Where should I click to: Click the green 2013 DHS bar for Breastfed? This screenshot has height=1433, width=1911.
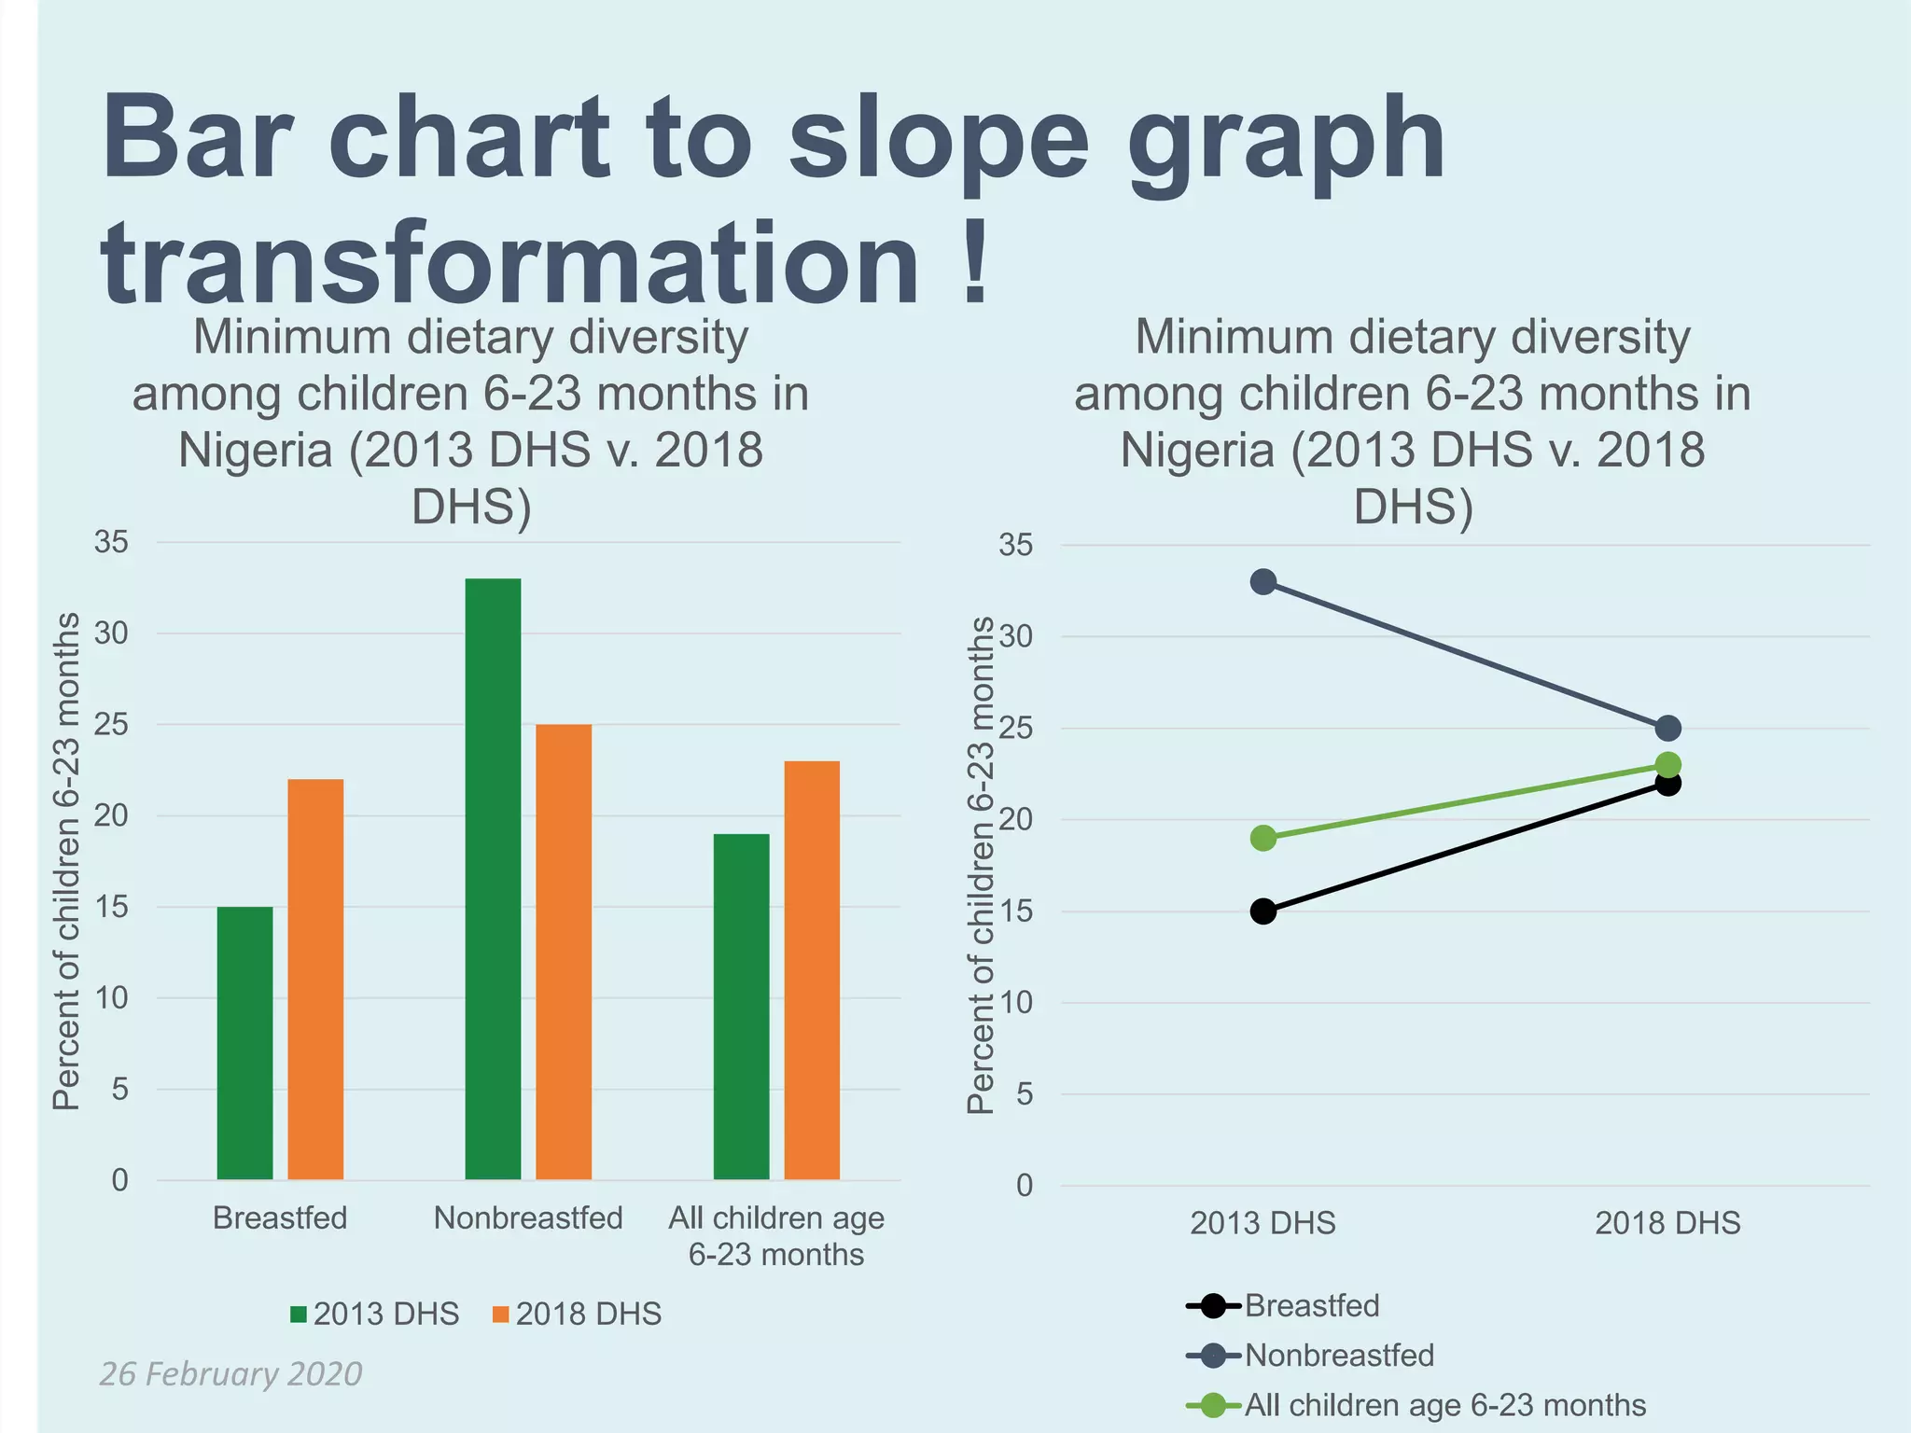(x=244, y=1043)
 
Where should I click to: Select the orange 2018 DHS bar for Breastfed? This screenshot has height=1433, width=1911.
(x=315, y=980)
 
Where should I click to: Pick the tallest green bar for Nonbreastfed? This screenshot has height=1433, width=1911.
(x=493, y=879)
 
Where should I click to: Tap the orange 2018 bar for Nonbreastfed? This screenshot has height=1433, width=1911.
(x=564, y=952)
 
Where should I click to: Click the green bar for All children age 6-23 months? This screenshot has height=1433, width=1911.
(x=741, y=1008)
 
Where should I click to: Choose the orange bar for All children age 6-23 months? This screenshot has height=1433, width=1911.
(x=812, y=970)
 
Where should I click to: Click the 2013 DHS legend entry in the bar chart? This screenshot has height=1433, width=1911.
(x=375, y=1314)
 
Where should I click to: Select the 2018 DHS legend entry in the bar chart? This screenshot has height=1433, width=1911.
(x=577, y=1314)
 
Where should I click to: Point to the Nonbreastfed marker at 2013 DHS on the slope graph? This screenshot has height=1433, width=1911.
(x=1263, y=582)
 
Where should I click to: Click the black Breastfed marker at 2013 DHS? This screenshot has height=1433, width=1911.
(x=1263, y=911)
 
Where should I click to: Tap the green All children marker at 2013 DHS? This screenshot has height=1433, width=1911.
(x=1263, y=838)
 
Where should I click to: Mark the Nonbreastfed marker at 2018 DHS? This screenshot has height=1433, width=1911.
(x=1668, y=728)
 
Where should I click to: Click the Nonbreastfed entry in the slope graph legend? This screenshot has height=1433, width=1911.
(x=1311, y=1355)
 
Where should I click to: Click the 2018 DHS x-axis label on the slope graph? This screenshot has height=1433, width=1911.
(x=1667, y=1222)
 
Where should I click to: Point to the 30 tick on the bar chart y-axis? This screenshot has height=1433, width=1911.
(x=111, y=633)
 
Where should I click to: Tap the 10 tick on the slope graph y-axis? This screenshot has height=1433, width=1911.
(x=1016, y=1003)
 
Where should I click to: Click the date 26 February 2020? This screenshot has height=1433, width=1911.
(x=230, y=1374)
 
